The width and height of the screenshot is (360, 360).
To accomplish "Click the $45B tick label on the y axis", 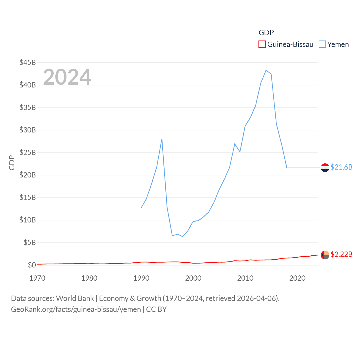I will (x=28, y=62).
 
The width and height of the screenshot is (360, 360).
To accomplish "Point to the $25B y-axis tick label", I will (x=28, y=152).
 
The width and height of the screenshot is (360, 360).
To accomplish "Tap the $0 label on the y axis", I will (x=32, y=265).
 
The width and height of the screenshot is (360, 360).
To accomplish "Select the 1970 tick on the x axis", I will (x=37, y=278).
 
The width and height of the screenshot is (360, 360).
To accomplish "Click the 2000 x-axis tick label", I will (x=193, y=278).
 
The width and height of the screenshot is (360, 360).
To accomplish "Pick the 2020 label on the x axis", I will (x=297, y=278).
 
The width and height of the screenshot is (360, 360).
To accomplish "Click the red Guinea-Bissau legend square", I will (x=262, y=44).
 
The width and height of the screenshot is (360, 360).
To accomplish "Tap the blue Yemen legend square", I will (x=322, y=44).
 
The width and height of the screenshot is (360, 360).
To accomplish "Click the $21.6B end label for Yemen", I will (x=341, y=167).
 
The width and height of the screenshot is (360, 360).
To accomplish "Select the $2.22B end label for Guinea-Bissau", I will (x=341, y=254).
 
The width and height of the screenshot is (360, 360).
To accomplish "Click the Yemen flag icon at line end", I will (x=325, y=168).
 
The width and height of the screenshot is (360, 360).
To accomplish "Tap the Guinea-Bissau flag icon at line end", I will (x=325, y=255).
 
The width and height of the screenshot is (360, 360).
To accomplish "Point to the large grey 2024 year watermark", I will (x=67, y=77).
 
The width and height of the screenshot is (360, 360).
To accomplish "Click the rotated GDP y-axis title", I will (x=12, y=163).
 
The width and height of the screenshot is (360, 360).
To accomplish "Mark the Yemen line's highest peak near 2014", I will (x=266, y=70).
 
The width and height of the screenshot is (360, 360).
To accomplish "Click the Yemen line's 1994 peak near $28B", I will (x=162, y=139).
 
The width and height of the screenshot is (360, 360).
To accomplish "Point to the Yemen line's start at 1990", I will (x=141, y=208).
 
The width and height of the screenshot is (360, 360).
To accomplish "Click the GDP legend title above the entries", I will (x=266, y=33).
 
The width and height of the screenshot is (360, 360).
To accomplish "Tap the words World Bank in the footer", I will (x=75, y=298).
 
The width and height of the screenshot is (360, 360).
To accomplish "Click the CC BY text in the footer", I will (x=156, y=309).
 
